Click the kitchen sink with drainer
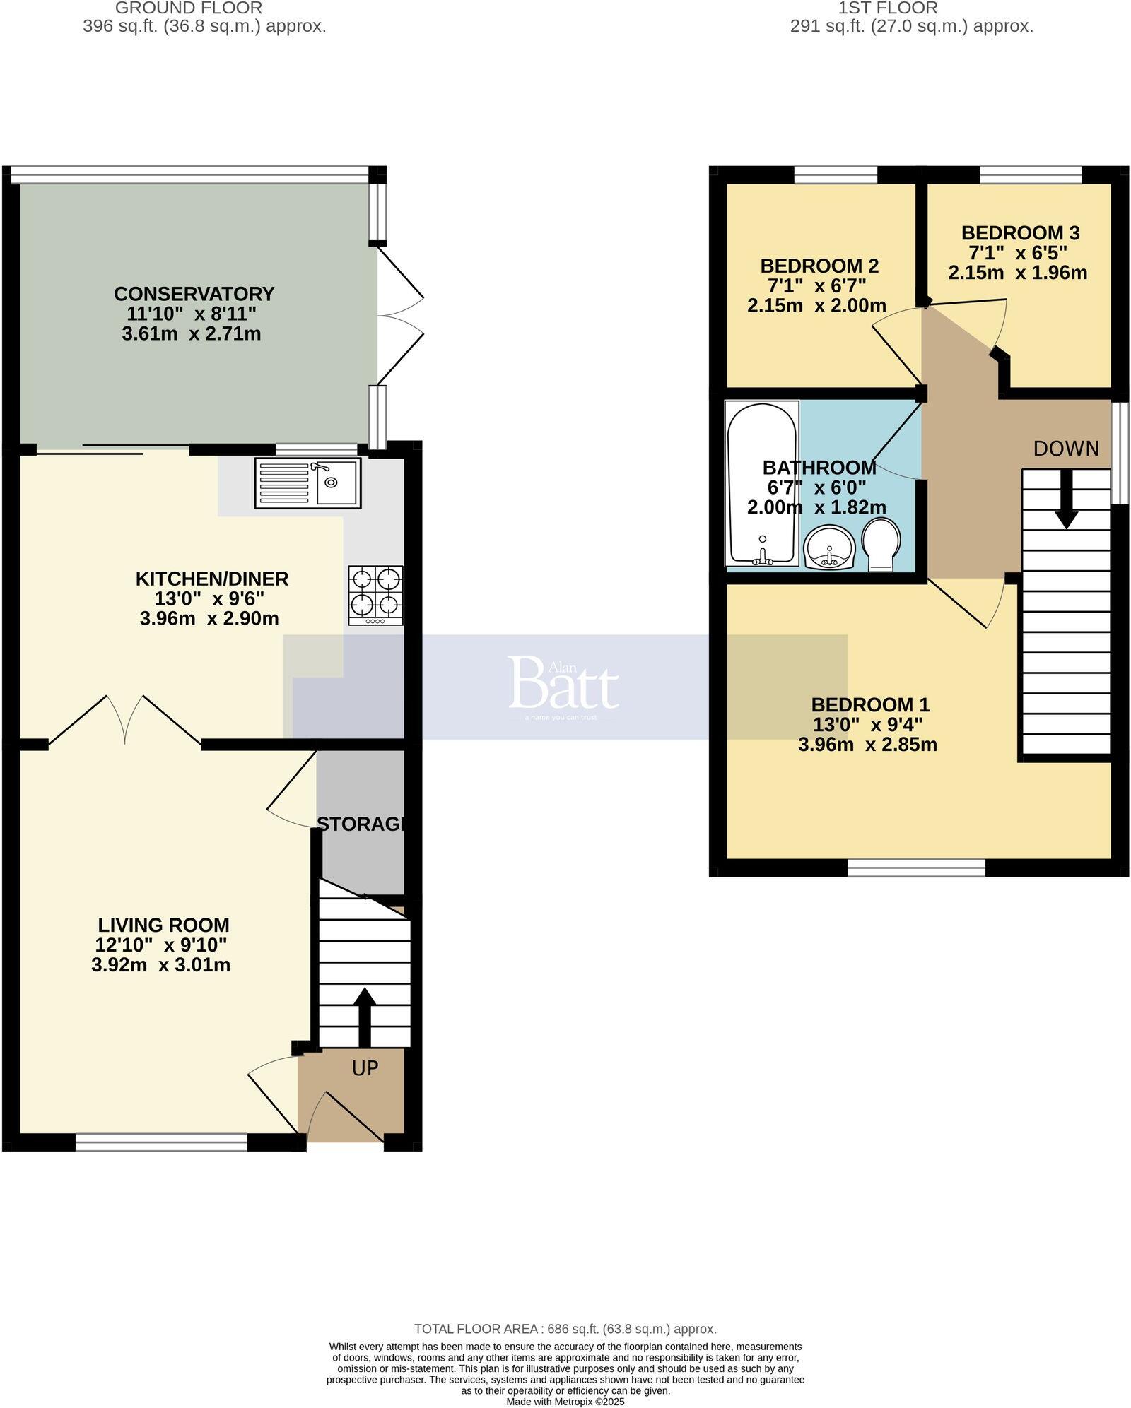[x=307, y=483]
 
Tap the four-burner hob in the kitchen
[x=375, y=595]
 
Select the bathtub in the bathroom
[x=761, y=483]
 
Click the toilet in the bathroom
[x=881, y=545]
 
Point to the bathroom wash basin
[x=830, y=548]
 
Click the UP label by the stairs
[x=365, y=1068]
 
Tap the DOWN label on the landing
[x=1066, y=449]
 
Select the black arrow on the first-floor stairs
[x=1066, y=498]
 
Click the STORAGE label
[x=361, y=824]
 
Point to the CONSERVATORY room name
[x=194, y=294]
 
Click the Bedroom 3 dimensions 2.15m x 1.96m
[x=1017, y=273]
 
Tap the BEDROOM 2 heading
[x=819, y=266]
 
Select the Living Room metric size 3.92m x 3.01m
[x=160, y=965]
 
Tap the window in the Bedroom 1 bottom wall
[x=916, y=868]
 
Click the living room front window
[x=161, y=1142]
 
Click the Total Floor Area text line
[x=565, y=1329]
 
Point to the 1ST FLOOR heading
[x=888, y=8]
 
